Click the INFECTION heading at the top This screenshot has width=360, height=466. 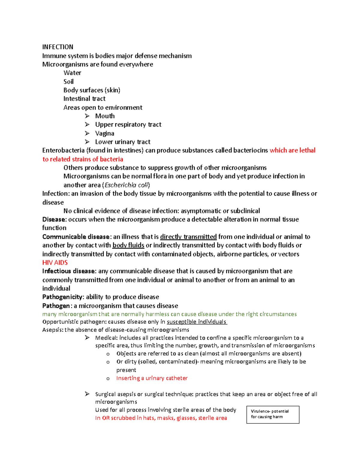click(58, 47)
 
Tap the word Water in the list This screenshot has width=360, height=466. click(72, 73)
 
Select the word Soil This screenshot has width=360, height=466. click(68, 82)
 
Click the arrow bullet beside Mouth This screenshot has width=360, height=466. click(87, 116)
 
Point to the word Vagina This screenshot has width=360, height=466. click(104, 133)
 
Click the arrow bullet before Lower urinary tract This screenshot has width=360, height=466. click(87, 142)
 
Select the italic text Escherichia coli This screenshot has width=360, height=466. click(126, 185)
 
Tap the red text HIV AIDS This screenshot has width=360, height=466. click(55, 263)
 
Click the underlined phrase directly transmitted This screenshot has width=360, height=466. click(188, 237)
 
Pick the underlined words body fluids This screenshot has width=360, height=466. click(128, 245)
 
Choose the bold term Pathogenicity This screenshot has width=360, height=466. click(62, 297)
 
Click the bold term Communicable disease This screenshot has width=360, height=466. click(76, 237)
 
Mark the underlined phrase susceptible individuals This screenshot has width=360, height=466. click(196, 322)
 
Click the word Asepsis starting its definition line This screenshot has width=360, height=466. click(52, 330)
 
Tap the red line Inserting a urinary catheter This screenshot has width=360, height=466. click(152, 378)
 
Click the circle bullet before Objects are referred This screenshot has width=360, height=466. click(108, 354)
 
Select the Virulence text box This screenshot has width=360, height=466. click(273, 414)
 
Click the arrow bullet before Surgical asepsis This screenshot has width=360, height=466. click(87, 394)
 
